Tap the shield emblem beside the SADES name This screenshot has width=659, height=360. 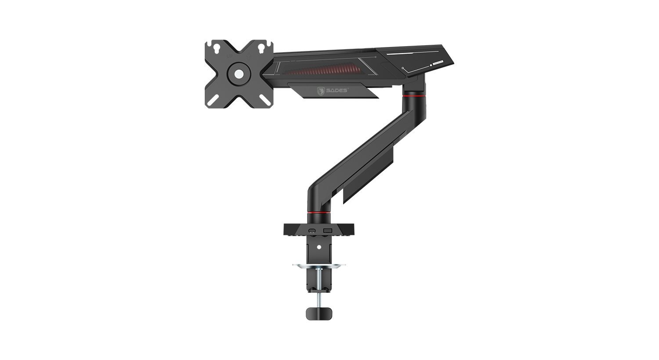tap(321, 91)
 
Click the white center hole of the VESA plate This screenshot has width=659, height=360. tap(239, 73)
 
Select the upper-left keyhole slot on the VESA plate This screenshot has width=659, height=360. tap(217, 48)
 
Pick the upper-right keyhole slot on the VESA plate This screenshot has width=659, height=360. tap(261, 48)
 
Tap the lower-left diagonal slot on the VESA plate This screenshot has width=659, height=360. tap(215, 100)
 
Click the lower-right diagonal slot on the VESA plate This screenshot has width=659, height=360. tap(263, 100)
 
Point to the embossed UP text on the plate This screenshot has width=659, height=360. tap(229, 55)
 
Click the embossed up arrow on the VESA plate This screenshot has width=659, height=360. tap(248, 56)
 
